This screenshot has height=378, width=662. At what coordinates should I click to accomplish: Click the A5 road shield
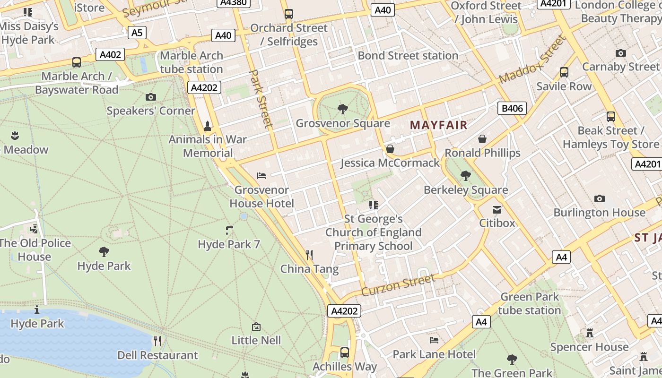pyautogui.click(x=137, y=33)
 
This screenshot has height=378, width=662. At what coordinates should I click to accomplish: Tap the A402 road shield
pyautogui.click(x=110, y=54)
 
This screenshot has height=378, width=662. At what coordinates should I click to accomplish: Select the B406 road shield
pyautogui.click(x=512, y=108)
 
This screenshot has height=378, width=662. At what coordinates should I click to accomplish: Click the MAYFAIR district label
pyautogui.click(x=438, y=125)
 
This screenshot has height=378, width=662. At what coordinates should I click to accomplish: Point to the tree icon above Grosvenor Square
pyautogui.click(x=343, y=110)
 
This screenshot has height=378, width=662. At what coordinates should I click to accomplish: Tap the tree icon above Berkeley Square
pyautogui.click(x=466, y=176)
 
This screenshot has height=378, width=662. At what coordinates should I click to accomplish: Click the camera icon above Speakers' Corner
pyautogui.click(x=151, y=97)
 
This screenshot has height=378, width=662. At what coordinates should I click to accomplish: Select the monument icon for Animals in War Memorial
pyautogui.click(x=207, y=126)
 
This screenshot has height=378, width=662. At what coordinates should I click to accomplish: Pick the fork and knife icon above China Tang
pyautogui.click(x=309, y=255)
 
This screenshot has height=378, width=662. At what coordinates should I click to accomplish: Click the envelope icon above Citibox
pyautogui.click(x=497, y=209)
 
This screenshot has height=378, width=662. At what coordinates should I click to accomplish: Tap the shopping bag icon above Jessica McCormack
pyautogui.click(x=390, y=149)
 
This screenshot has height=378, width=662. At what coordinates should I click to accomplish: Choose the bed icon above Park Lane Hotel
pyautogui.click(x=434, y=340)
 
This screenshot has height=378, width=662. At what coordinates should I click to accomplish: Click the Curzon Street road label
pyautogui.click(x=398, y=285)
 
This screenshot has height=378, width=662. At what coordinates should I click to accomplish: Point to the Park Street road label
pyautogui.click(x=261, y=99)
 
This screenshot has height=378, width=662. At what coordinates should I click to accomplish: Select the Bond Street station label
pyautogui.click(x=408, y=55)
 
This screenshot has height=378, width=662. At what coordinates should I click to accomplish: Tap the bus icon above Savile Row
pyautogui.click(x=564, y=72)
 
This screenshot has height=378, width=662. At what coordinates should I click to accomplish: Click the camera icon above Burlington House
pyautogui.click(x=600, y=198)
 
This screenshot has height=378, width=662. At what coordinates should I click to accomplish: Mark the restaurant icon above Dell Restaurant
pyautogui.click(x=157, y=341)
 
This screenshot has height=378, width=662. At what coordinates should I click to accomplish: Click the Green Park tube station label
pyautogui.click(x=529, y=303)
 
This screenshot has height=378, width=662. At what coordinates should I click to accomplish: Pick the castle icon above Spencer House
pyautogui.click(x=589, y=333)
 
